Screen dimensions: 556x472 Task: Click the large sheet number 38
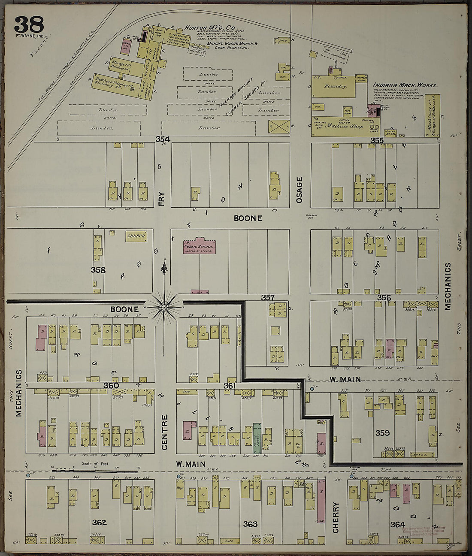pos(29,24)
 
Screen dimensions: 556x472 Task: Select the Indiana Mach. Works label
pos(405,85)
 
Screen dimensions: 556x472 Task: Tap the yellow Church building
pos(136,236)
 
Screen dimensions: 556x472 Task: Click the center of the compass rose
pos(164,307)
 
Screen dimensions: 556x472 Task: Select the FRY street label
pos(161,199)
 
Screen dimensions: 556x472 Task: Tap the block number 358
pos(98,270)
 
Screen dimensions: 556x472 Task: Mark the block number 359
pos(382,433)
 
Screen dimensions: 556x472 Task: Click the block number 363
pos(250,524)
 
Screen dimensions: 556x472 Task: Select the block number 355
pos(377,140)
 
